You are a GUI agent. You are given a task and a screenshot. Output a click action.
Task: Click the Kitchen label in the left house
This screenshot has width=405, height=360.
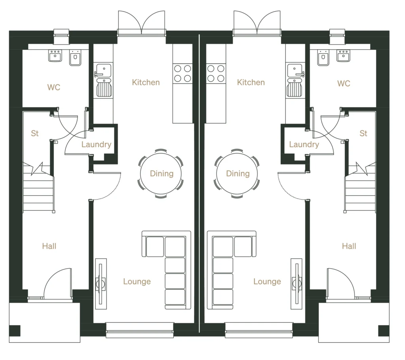pos(146,82)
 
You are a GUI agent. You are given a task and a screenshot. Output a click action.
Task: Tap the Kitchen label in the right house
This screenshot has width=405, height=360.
pos(251,82)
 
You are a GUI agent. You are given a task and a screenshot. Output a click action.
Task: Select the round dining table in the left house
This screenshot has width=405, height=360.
pos(161,173)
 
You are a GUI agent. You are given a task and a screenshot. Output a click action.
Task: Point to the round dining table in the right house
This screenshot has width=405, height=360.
pos(238,173)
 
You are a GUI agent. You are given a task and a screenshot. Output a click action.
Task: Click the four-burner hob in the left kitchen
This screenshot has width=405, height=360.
pos(182,73)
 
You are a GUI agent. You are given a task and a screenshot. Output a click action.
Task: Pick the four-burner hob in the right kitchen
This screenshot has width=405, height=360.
pos(216,73)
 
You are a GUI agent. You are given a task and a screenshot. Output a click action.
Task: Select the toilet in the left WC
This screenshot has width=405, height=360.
pos(75,58)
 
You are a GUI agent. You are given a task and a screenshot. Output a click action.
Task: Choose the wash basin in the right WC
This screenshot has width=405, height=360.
pos(343,57)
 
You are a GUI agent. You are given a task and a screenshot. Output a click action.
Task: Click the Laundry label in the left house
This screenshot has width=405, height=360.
pos(96,145)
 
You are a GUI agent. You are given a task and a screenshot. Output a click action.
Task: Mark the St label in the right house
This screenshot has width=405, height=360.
pos(363,134)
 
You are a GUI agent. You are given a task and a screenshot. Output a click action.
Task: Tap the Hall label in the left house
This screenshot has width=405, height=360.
pos(49,246)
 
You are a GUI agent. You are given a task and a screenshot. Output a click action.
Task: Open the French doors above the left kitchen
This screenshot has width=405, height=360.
pos(142,23)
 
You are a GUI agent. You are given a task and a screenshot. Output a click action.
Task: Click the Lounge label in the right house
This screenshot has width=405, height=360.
pos(267,281)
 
